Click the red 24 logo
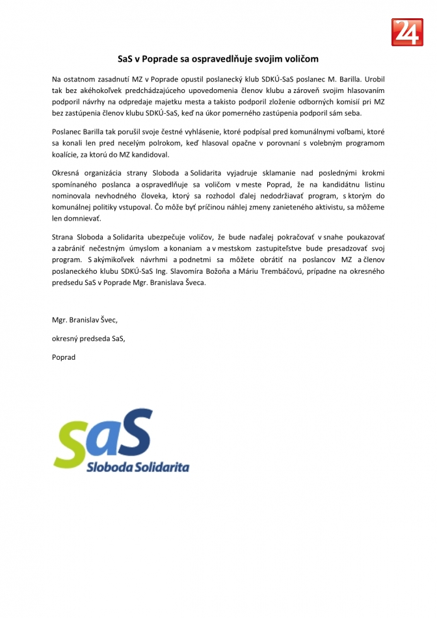[408, 32]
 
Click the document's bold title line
[218, 58]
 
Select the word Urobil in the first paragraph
[371, 79]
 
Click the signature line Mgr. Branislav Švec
[85, 320]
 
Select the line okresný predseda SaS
[88, 338]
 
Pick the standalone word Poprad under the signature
[64, 357]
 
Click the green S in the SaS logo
[72, 445]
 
